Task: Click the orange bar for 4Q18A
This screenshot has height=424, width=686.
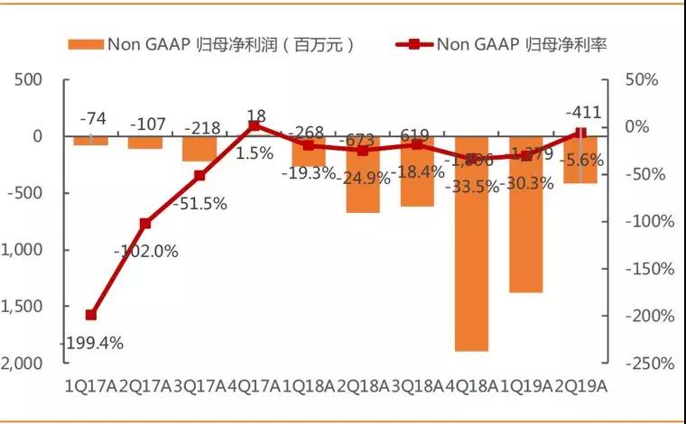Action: (x=471, y=244)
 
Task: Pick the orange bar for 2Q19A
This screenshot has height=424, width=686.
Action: (x=580, y=160)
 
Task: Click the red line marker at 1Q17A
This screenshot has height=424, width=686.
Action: (x=90, y=315)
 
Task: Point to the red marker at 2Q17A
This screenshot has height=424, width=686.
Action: (x=144, y=223)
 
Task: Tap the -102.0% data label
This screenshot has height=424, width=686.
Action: (x=146, y=252)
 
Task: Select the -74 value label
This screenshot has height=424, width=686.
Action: (x=92, y=118)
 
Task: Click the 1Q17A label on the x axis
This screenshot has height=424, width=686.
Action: (x=91, y=386)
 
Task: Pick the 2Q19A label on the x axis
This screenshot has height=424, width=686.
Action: (x=581, y=386)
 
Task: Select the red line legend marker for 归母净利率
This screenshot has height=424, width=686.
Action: (x=413, y=44)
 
